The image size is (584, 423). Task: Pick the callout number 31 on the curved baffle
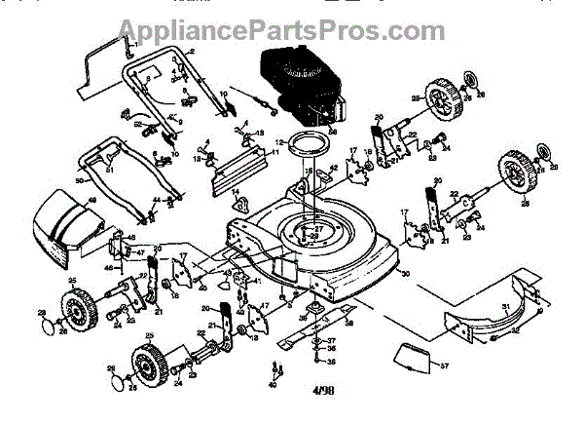[x=506, y=308]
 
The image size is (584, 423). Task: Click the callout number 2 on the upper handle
[x=193, y=50]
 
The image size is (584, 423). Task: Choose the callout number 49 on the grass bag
[x=92, y=201]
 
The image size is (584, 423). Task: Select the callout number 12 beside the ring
[x=277, y=142]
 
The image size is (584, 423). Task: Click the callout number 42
[x=333, y=168]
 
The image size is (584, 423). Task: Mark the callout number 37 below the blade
[x=331, y=340]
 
